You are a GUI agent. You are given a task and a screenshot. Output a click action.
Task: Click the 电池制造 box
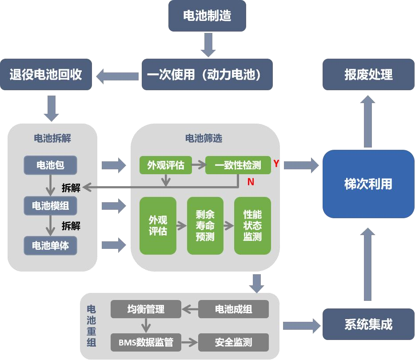point(207,16)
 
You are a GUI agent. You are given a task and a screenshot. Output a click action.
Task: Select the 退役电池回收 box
point(46,75)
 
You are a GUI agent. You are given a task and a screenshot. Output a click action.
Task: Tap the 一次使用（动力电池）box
point(207,75)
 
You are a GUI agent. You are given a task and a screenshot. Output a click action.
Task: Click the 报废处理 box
point(368,75)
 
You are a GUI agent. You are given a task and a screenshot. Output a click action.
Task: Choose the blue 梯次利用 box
point(368,184)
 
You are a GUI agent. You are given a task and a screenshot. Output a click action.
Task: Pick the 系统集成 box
point(368,324)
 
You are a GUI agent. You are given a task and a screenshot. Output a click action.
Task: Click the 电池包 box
point(50,165)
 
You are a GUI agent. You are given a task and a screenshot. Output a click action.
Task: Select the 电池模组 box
point(50,206)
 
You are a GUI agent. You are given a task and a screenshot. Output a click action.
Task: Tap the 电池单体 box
point(50,245)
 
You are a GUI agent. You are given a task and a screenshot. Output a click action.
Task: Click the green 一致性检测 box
point(238,165)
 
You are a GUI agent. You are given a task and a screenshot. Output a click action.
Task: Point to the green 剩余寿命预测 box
point(205,226)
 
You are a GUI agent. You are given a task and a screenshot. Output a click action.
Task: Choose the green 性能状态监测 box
point(252,226)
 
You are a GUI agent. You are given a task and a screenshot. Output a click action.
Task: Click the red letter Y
point(276,164)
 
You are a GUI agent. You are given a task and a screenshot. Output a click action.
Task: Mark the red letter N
point(251,181)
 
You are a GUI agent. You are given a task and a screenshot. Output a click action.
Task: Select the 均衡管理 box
point(146,309)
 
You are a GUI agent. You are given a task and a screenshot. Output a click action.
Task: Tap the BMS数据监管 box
point(146,342)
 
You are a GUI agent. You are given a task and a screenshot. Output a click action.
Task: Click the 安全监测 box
point(233,342)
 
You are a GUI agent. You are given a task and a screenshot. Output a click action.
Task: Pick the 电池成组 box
point(233,309)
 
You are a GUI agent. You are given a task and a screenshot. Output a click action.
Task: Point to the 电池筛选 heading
point(204,138)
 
